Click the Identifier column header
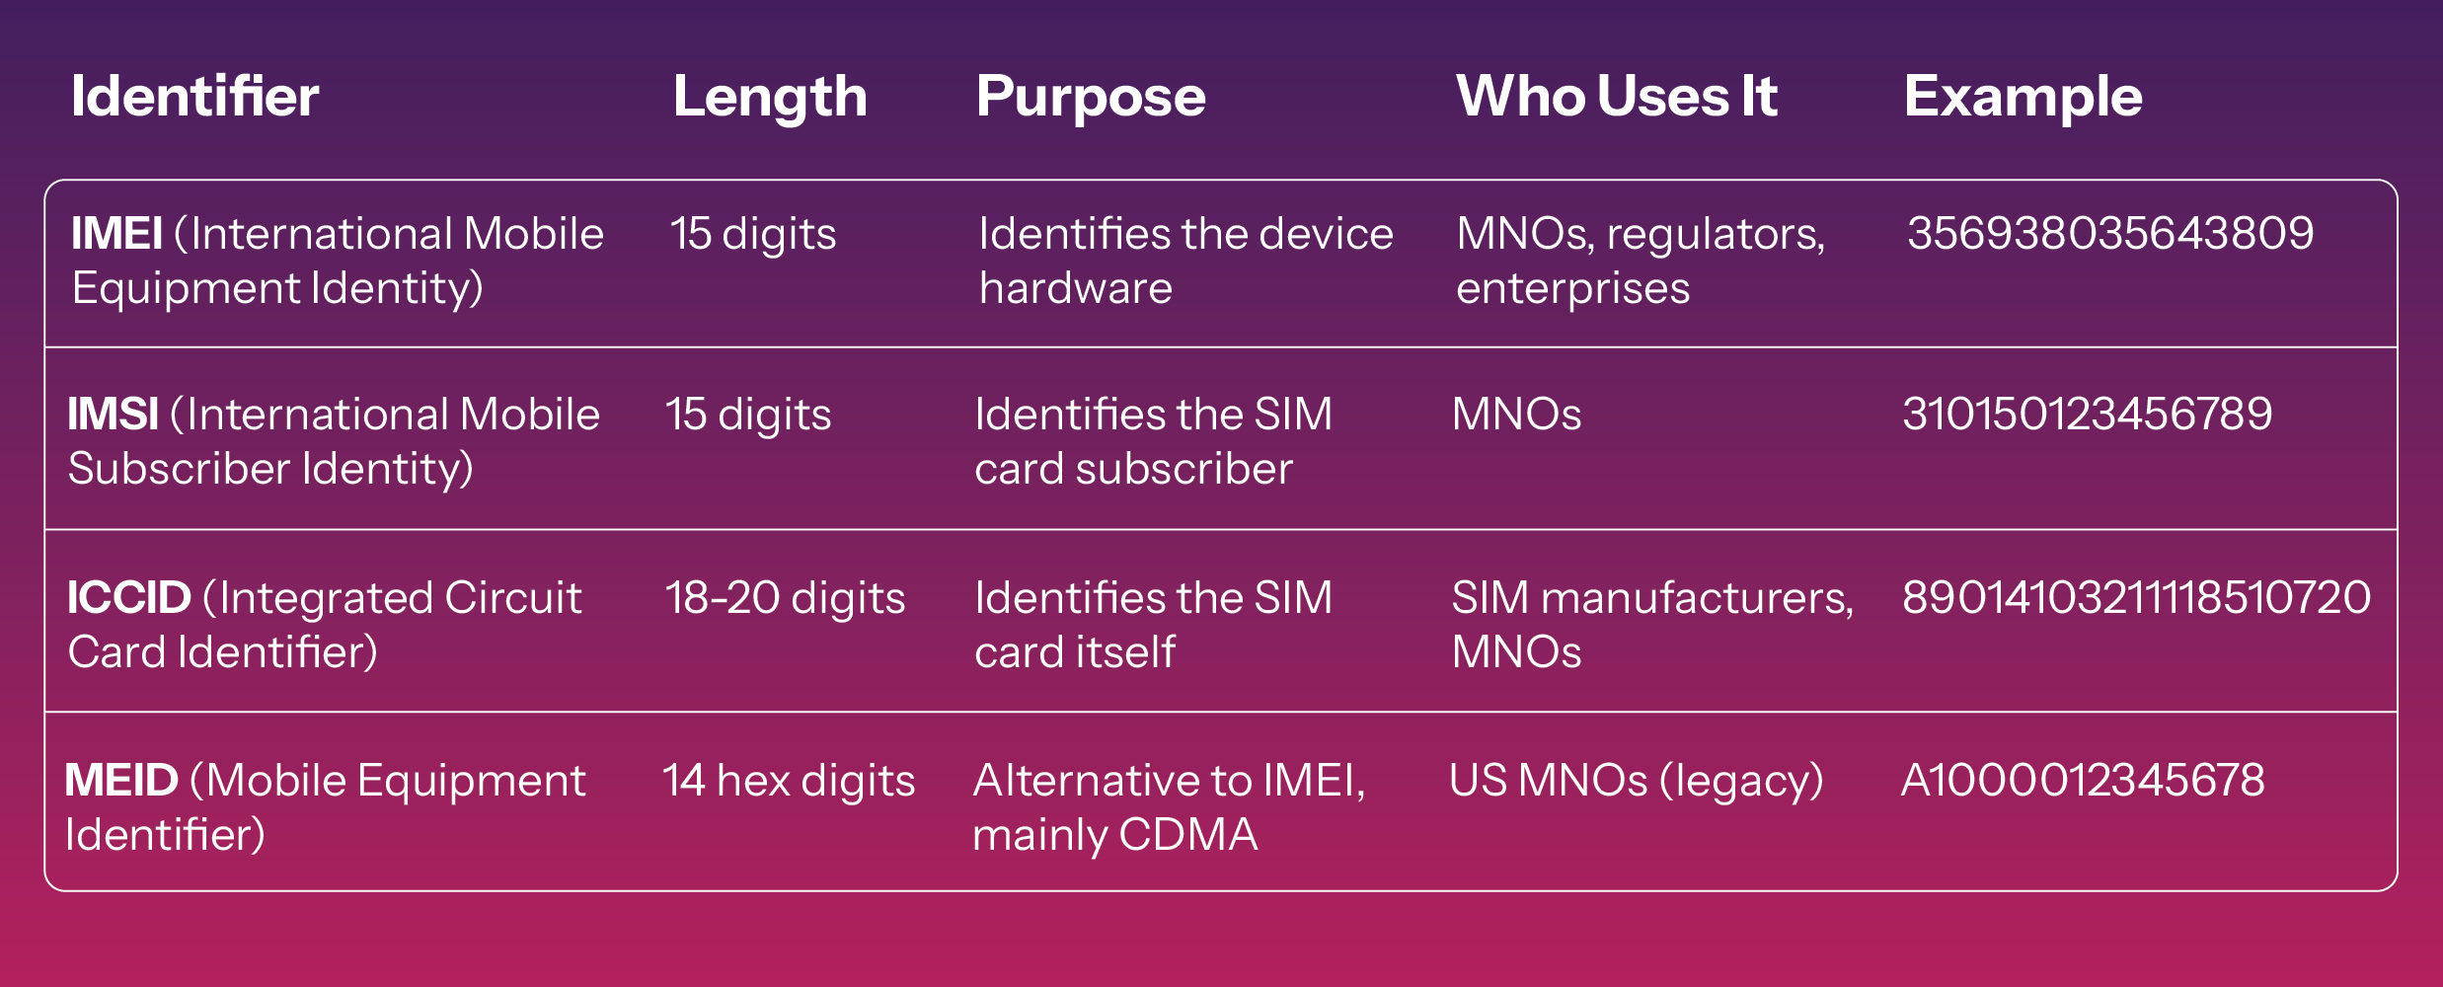(x=195, y=97)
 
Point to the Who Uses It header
(x=1617, y=97)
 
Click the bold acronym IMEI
(x=116, y=234)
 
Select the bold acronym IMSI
(x=113, y=415)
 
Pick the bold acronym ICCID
(x=128, y=598)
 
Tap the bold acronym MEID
(x=120, y=781)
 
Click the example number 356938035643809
(x=2110, y=234)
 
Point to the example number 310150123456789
(x=2087, y=415)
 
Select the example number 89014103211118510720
(x=2136, y=598)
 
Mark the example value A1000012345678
(x=2083, y=781)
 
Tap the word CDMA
(x=1188, y=835)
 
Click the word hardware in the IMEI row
(x=1076, y=288)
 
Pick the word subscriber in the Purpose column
(x=1183, y=469)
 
